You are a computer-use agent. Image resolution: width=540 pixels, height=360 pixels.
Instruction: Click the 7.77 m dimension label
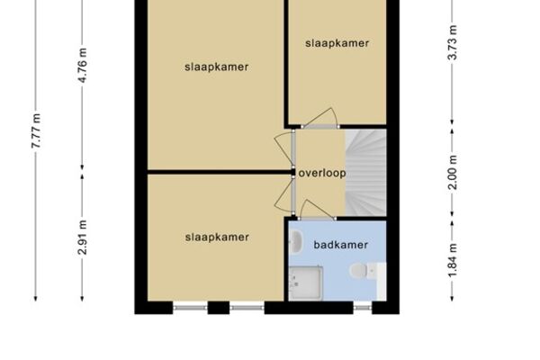(x=36, y=130)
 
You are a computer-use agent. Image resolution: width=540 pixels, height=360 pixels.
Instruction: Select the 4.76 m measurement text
(x=83, y=66)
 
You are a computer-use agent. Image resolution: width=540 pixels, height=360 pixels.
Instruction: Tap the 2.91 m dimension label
(x=83, y=237)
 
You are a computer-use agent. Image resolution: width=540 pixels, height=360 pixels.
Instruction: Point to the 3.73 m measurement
(x=453, y=42)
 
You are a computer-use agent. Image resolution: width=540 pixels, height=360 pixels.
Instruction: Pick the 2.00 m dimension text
(x=453, y=172)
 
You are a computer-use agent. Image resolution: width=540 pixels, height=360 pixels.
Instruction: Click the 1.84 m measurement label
(x=453, y=260)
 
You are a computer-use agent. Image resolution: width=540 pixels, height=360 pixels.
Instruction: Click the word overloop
(x=322, y=173)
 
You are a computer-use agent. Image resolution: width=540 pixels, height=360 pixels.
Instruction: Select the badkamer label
(x=340, y=245)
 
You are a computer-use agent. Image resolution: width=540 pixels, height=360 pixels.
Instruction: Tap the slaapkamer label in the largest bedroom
(x=216, y=67)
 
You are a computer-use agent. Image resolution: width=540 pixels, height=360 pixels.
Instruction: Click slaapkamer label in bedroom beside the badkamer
(x=217, y=237)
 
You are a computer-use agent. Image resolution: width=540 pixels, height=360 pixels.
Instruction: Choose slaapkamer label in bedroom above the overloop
(x=337, y=43)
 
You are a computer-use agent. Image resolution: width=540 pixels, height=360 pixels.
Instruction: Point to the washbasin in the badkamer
(x=295, y=240)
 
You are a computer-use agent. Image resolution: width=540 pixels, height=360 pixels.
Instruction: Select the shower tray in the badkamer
(x=306, y=283)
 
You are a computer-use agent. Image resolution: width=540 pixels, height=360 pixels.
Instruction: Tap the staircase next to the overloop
(x=365, y=173)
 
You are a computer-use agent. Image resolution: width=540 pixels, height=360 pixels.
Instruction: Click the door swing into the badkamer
(x=316, y=210)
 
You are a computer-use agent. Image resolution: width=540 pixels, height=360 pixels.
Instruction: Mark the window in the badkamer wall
(x=363, y=307)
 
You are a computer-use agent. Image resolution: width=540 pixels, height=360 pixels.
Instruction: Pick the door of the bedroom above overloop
(x=319, y=119)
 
